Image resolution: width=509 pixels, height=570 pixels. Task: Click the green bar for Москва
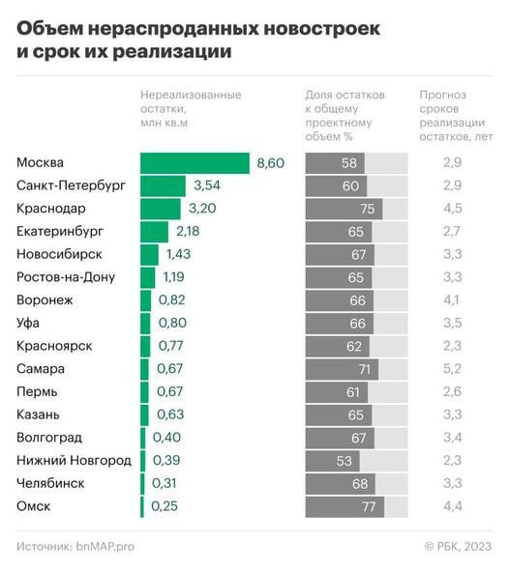pyautogui.click(x=194, y=163)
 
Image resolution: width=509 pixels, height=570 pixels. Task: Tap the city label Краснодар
pyautogui.click(x=50, y=209)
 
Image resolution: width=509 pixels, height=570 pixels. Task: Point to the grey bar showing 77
pyautogui.click(x=344, y=506)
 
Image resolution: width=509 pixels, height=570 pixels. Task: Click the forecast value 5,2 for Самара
pyautogui.click(x=451, y=369)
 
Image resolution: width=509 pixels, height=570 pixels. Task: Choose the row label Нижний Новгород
pyautogui.click(x=74, y=461)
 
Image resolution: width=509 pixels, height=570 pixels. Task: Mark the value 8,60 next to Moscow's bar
pyautogui.click(x=270, y=163)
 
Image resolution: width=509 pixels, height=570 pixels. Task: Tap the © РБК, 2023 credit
pyautogui.click(x=458, y=547)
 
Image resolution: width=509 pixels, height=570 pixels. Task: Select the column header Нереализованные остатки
pyautogui.click(x=191, y=109)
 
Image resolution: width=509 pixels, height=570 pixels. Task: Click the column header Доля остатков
pyautogui.click(x=345, y=116)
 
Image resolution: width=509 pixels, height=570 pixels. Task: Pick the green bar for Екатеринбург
pyautogui.click(x=154, y=232)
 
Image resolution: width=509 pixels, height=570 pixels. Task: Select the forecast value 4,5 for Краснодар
pyautogui.click(x=451, y=209)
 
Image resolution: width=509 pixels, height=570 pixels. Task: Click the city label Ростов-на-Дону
pyautogui.click(x=66, y=277)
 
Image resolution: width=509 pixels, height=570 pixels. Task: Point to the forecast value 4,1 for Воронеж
pyautogui.click(x=451, y=300)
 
